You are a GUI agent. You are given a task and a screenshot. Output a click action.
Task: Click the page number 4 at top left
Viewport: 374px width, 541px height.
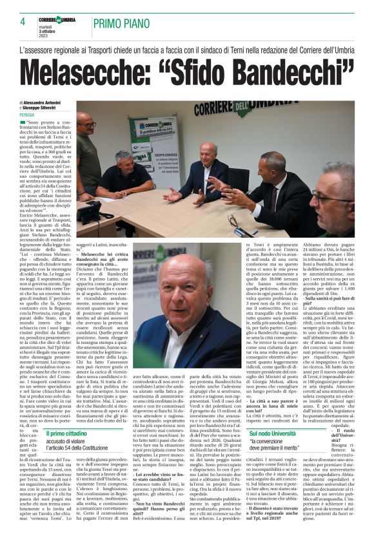(x=22, y=22)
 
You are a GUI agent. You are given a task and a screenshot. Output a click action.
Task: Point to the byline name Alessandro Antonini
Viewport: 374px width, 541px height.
(x=44, y=102)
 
